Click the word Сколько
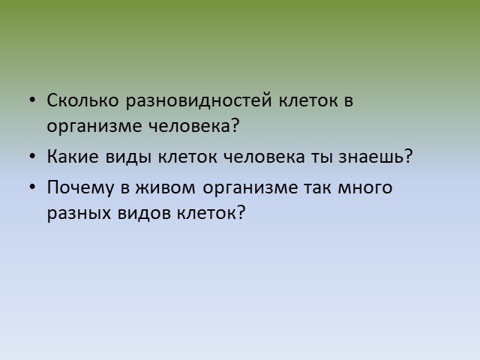coord(82,100)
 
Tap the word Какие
coord(73,157)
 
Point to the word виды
coord(128,157)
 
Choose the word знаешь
coord(371,157)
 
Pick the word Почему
coord(80,188)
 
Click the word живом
coord(166,188)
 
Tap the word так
coord(317,188)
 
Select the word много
coord(365,188)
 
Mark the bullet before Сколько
coord(32,100)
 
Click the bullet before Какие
coord(32,156)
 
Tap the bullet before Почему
coord(32,187)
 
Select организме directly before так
coord(250,189)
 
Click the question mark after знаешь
coord(409,156)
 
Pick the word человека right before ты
coord(264,157)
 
